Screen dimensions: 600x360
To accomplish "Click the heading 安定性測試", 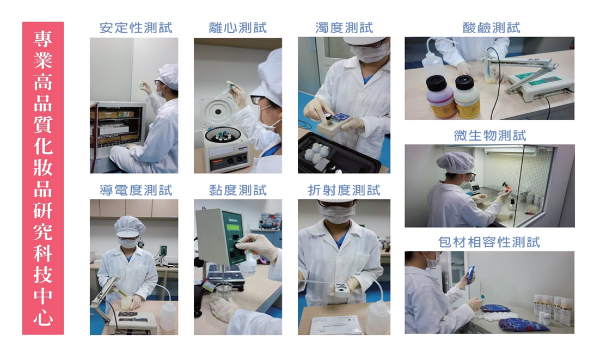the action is point(136,28).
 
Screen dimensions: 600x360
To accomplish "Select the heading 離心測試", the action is point(237,28).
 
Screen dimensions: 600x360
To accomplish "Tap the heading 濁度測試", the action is point(344,28).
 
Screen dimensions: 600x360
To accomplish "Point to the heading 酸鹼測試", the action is point(491,28).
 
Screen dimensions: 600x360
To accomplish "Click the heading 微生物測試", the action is point(490,136).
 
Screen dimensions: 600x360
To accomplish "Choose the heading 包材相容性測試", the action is point(489,242).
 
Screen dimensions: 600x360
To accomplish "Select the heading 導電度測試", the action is point(136,190).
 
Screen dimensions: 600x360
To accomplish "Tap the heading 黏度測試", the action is point(237,190).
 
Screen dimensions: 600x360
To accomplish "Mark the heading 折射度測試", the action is point(344,190).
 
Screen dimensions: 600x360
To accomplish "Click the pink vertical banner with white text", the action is point(43,178).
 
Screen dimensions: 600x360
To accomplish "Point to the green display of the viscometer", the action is point(233,228).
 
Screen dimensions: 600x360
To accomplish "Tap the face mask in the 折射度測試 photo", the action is point(336,214).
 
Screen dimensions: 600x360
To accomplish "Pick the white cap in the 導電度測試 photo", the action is point(130,227).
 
